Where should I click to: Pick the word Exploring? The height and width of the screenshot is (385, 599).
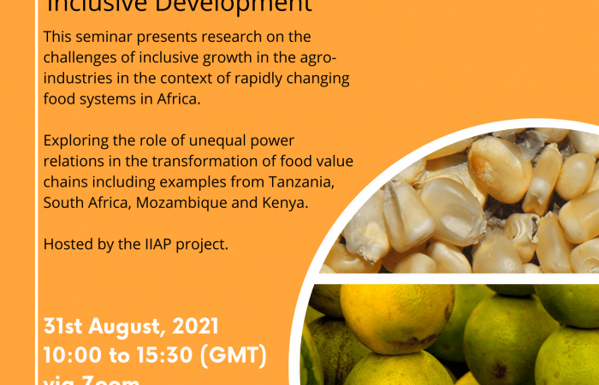[x=77, y=142]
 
